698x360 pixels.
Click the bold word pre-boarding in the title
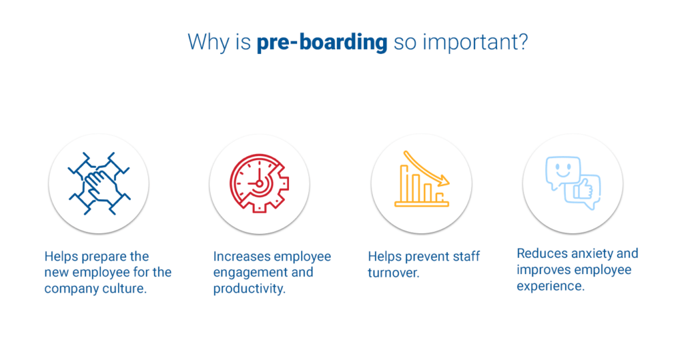pyautogui.click(x=322, y=43)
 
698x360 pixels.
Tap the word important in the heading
pyautogui.click(x=470, y=43)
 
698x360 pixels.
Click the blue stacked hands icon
pyautogui.click(x=99, y=183)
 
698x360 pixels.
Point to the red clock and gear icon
pyautogui.click(x=260, y=183)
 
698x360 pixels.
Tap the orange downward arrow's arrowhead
pyautogui.click(x=443, y=181)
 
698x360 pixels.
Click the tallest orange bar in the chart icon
pyautogui.click(x=404, y=183)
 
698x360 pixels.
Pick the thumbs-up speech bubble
pyautogui.click(x=583, y=192)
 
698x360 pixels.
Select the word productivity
pyautogui.click(x=249, y=289)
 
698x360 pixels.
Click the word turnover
pyautogui.click(x=393, y=272)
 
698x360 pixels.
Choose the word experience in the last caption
pyautogui.click(x=551, y=286)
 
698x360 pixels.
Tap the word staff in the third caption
pyautogui.click(x=466, y=256)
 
